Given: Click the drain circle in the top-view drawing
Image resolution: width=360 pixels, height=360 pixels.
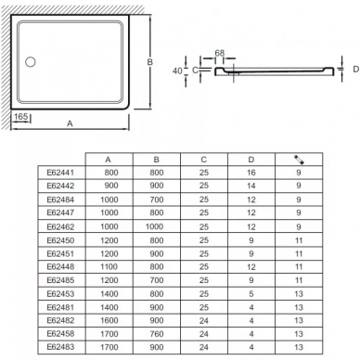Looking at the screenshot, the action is click(31, 62).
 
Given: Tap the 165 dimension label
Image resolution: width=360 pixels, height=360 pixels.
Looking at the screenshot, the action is click(21, 117).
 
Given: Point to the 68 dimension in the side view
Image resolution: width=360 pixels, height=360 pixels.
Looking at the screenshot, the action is click(220, 53).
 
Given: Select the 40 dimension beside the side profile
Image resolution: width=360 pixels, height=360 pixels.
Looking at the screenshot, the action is click(177, 71).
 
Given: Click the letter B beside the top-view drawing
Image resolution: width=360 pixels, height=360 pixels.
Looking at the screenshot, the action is click(149, 62).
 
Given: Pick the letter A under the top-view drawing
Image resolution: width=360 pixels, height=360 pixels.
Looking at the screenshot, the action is click(70, 123).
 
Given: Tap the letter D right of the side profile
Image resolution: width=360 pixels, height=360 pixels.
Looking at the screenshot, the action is click(356, 70).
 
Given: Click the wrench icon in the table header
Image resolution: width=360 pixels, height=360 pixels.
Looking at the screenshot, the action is click(299, 160).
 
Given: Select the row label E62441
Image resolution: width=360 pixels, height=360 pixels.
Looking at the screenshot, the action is click(60, 173).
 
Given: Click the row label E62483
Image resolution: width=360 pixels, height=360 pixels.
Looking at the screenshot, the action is click(60, 347).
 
